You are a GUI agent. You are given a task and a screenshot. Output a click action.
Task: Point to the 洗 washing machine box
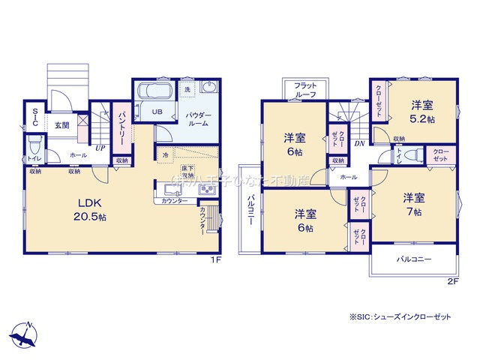188,89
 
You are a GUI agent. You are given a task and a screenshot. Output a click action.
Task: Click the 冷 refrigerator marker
165,154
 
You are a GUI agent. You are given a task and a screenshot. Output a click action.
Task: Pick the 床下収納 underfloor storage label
187,172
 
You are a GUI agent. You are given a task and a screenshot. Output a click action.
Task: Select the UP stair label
100,148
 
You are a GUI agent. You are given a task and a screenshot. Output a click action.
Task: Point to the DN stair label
359,143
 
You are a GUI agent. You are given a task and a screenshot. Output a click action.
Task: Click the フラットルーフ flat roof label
305,90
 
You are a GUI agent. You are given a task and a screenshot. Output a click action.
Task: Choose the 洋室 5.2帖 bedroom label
424,112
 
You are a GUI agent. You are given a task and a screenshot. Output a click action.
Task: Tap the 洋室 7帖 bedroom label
415,203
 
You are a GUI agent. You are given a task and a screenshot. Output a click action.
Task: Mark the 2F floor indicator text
451,281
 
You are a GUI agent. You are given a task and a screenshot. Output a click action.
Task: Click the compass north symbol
25,332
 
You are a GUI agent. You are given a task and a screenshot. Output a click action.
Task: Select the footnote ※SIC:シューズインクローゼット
400,318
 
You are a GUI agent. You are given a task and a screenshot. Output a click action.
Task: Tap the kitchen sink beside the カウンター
205,191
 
